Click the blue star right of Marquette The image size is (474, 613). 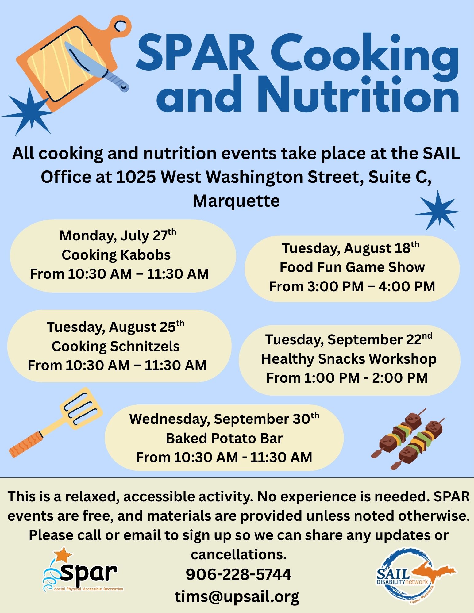(x=437, y=211)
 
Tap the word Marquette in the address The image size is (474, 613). (x=236, y=201)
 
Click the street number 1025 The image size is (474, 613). (x=136, y=177)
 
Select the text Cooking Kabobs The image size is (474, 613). (x=116, y=255)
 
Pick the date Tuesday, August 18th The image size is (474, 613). (x=350, y=248)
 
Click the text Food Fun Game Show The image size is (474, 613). (x=352, y=267)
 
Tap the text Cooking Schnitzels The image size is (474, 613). (x=115, y=346)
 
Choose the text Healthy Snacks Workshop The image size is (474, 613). (x=349, y=359)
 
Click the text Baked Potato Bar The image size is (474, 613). (x=224, y=438)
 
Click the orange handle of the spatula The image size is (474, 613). (x=25, y=444)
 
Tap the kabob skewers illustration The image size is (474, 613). (x=408, y=439)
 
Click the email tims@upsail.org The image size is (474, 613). (x=237, y=596)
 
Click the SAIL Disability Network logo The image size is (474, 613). (x=416, y=578)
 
